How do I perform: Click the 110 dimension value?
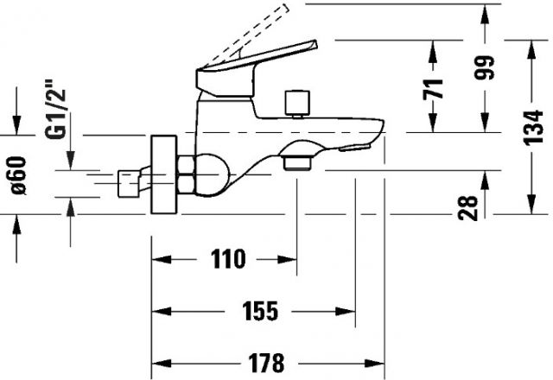(228, 259)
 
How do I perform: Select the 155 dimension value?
(260, 311)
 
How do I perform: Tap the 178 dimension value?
(266, 363)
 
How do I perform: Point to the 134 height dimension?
(533, 128)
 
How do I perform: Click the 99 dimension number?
(484, 67)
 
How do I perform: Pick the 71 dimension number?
(433, 89)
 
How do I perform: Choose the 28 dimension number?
(467, 208)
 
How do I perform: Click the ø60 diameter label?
(18, 175)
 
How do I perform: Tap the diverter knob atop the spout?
(298, 103)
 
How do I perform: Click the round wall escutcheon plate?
(163, 174)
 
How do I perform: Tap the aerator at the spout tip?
(354, 148)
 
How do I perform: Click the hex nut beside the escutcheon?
(186, 174)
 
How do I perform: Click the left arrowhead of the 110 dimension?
(162, 259)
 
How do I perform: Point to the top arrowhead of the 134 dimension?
(531, 50)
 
